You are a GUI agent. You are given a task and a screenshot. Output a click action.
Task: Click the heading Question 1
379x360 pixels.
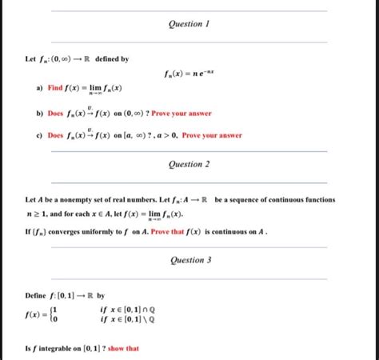189,25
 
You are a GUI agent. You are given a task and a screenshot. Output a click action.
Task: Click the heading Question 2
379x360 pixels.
189,164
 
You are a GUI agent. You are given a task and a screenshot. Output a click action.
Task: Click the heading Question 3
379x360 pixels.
190,260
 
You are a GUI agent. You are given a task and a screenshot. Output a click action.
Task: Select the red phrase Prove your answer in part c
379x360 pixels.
212,136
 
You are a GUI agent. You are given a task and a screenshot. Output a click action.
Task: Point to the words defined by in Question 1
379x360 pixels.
112,58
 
